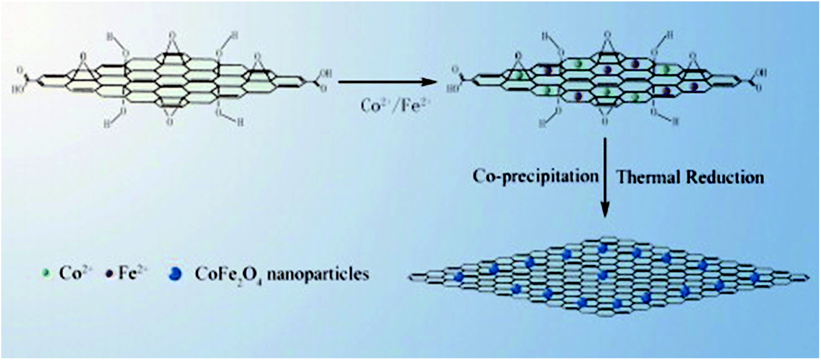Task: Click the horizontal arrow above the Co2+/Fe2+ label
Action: (x=386, y=82)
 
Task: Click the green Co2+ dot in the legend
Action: (x=47, y=274)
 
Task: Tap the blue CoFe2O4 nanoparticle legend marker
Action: (x=175, y=274)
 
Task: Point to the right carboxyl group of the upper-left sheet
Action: (x=311, y=82)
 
